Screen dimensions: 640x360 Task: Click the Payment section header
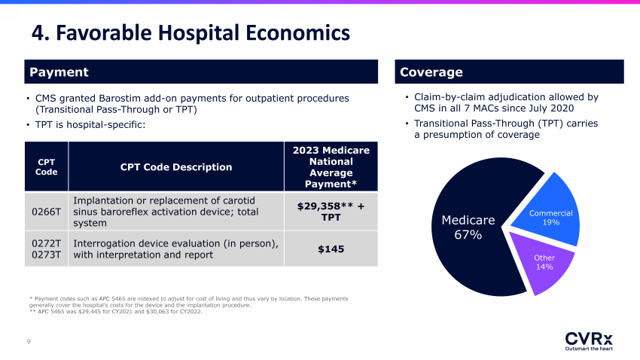click(201, 72)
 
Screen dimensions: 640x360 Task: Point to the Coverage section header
click(509, 72)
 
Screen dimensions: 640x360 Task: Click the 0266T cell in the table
click(46, 212)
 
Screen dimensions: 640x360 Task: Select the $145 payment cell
click(331, 249)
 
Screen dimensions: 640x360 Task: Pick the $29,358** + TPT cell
click(331, 212)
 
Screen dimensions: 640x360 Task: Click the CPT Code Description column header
click(176, 166)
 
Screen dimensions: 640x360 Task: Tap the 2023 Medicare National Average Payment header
click(331, 166)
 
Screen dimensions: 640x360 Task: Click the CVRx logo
click(589, 341)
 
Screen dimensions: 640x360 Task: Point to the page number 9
click(29, 342)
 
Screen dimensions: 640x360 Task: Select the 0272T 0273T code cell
click(46, 249)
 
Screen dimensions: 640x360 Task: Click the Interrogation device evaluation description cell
click(176, 249)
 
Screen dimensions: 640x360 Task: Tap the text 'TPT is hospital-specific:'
click(90, 124)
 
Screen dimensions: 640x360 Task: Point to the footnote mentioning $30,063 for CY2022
click(115, 312)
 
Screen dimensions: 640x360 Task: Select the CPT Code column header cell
click(46, 166)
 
